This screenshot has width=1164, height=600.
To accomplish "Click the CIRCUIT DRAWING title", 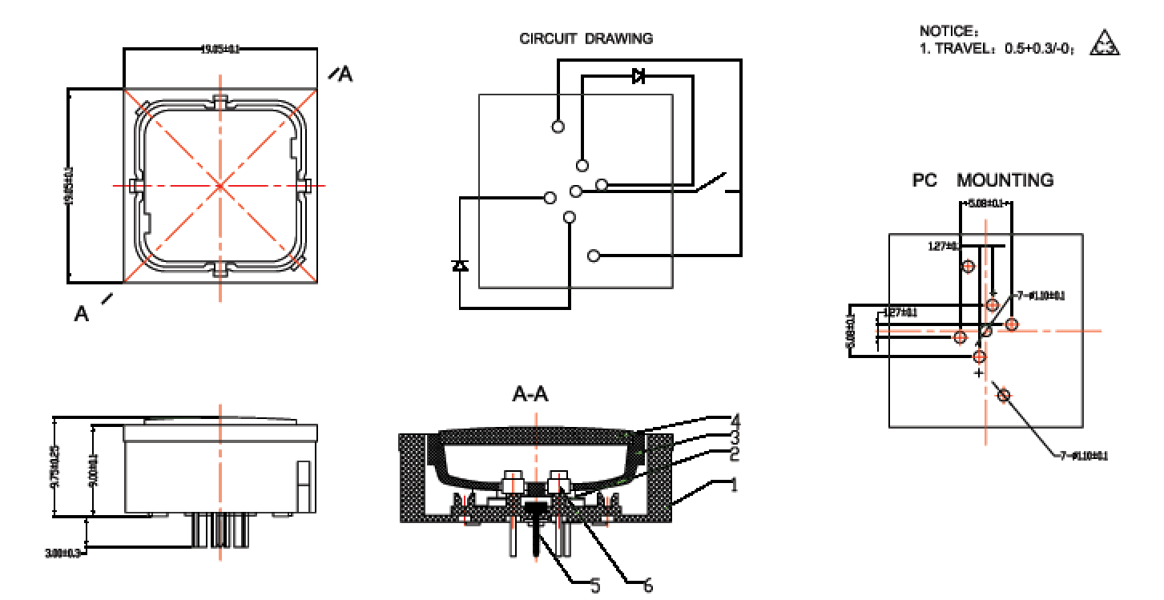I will click(x=586, y=38).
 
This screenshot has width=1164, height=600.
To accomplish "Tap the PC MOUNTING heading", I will click(x=983, y=180).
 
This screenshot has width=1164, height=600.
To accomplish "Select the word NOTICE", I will click(x=948, y=31).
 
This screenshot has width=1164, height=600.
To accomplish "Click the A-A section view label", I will click(x=530, y=394).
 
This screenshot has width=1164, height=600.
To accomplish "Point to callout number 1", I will click(x=734, y=485).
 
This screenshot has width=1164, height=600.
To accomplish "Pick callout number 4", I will click(x=735, y=420).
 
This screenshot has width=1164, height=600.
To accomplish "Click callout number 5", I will click(x=594, y=586).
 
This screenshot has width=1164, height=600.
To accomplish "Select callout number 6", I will click(x=648, y=586).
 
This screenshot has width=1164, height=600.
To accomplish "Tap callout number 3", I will click(x=734, y=437).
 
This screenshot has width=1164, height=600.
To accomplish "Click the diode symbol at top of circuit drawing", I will click(x=638, y=76).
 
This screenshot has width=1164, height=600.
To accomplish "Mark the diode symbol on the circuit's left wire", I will click(x=460, y=265).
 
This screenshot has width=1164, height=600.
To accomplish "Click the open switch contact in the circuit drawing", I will click(x=712, y=182).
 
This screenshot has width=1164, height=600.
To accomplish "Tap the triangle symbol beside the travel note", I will click(x=1106, y=44).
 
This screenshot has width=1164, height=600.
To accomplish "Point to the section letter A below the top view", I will click(x=81, y=313).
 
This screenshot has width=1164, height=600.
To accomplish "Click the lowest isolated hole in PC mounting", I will click(x=1004, y=395).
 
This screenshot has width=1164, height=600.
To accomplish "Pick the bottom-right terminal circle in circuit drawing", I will click(x=594, y=256).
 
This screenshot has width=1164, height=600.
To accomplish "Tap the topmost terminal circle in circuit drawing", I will click(x=558, y=127).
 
